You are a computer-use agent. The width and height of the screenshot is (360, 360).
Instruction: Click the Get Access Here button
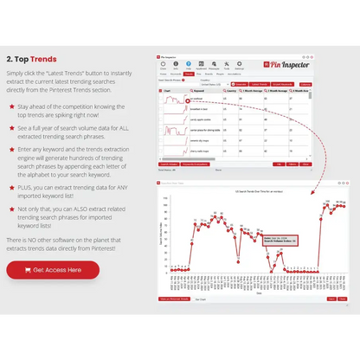pos(53,270)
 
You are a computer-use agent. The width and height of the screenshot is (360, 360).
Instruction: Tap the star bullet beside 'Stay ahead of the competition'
pos(11,106)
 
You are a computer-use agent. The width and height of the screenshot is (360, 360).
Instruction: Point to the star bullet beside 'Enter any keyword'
pos(11,150)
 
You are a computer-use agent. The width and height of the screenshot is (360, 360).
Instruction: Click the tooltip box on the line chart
pos(282,238)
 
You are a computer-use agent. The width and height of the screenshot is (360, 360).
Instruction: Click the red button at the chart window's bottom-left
pos(175,299)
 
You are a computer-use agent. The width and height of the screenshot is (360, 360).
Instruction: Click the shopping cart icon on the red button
pos(24,270)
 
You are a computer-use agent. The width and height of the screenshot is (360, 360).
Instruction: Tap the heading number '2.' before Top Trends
pos(10,59)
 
